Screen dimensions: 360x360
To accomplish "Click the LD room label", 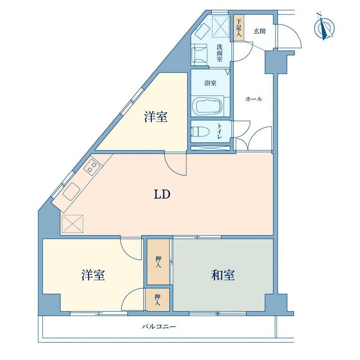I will [x=161, y=194].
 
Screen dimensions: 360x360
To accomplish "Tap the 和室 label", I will [x=223, y=275].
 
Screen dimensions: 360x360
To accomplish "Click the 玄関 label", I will [x=260, y=31].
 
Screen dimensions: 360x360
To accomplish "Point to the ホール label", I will [x=254, y=99].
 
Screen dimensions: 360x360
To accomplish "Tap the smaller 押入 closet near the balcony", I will [x=157, y=300].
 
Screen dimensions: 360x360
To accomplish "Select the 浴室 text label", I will [x=211, y=83].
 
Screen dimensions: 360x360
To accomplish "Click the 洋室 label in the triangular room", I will [x=156, y=117].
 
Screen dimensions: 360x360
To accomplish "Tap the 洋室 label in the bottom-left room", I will [x=93, y=275].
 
